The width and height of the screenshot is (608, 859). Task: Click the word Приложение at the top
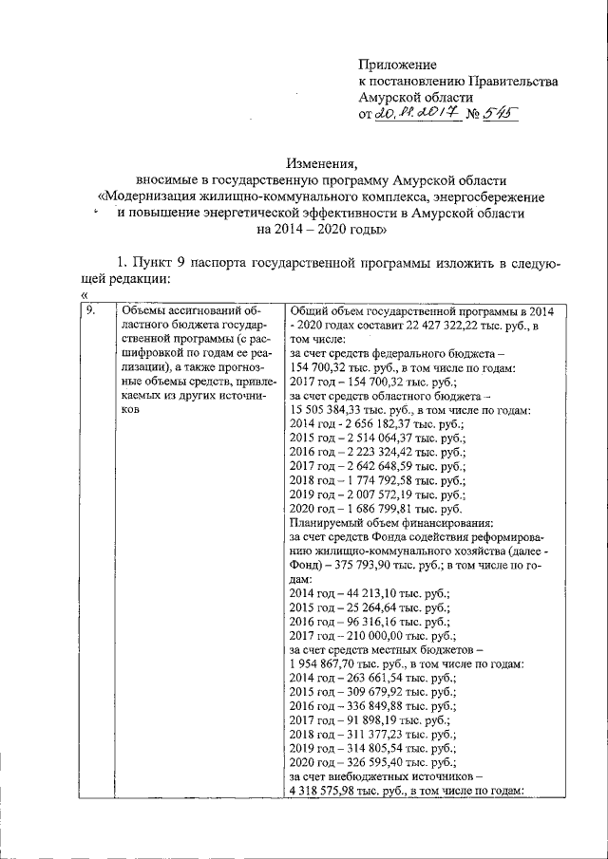click(397, 65)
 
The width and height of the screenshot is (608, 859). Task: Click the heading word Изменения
click(322, 163)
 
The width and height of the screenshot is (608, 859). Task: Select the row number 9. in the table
click(89, 310)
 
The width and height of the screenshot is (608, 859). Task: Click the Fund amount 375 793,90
click(367, 566)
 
